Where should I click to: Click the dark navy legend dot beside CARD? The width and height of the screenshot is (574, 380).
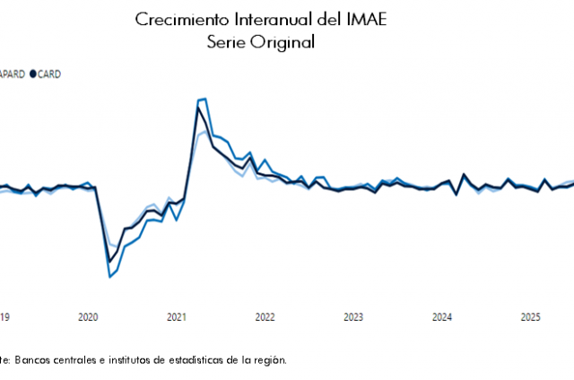pyautogui.click(x=33, y=73)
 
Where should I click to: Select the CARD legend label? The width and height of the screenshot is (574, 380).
pyautogui.click(x=49, y=73)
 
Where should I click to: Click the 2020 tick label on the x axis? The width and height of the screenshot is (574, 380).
pyautogui.click(x=88, y=316)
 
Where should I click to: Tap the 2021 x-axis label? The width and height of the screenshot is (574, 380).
pyautogui.click(x=177, y=316)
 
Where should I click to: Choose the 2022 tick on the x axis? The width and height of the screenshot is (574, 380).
pyautogui.click(x=265, y=316)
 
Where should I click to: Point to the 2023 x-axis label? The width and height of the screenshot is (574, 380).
pyautogui.click(x=353, y=316)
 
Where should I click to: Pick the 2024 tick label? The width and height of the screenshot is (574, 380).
pyautogui.click(x=442, y=316)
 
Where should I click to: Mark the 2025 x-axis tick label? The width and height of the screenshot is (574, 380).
pyautogui.click(x=530, y=316)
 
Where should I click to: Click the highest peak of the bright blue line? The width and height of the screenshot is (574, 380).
pyautogui.click(x=205, y=99)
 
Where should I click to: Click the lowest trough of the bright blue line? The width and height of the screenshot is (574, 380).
pyautogui.click(x=110, y=276)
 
